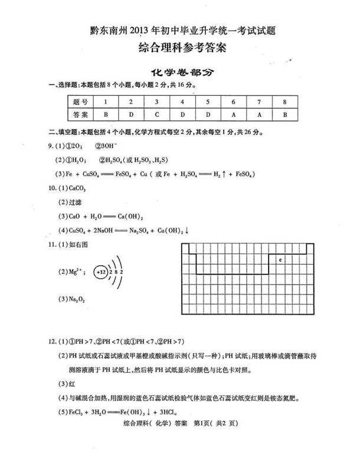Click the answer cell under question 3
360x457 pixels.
coord(157,113)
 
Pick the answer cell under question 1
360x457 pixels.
coord(105,113)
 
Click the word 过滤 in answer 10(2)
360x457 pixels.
coord(74,202)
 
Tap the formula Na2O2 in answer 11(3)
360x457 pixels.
coord(77,299)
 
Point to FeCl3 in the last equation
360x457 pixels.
coord(77,413)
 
